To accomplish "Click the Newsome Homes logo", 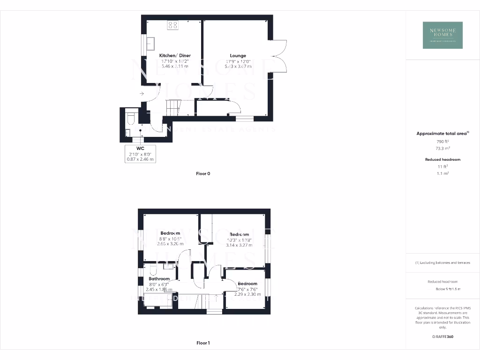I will pos(442,35).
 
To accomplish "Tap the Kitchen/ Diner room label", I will pos(175,55).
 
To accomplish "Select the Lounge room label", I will pos(238,55).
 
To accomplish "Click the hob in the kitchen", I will pos(172,25).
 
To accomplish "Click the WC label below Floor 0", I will pos(140,148).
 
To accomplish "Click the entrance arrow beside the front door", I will pos(142,94).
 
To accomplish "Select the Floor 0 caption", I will pos(203,173).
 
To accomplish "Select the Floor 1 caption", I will pos(203,343).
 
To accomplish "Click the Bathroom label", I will pos(159,279).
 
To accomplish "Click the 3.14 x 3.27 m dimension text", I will pos(239,245).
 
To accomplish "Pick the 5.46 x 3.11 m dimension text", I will pos(175,67).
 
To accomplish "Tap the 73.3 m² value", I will pos(442,147).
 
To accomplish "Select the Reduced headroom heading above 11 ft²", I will pos(442,159).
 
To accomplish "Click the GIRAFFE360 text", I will pos(442,337).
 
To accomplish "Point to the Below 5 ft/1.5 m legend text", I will pos(448,289).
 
